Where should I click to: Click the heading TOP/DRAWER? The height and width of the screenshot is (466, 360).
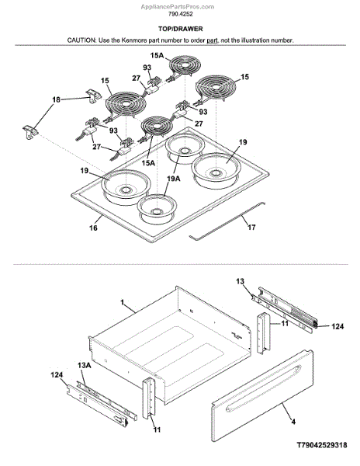pos(180,29)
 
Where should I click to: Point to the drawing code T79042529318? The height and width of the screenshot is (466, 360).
pos(322,445)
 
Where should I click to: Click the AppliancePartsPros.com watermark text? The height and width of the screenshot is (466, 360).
pos(177,6)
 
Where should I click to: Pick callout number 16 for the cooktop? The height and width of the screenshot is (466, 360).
pos(93,228)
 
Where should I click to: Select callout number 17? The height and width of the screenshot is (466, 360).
pos(251,227)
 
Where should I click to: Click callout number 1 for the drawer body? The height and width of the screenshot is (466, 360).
pos(122,302)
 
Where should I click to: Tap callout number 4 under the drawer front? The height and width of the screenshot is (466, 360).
pos(293,422)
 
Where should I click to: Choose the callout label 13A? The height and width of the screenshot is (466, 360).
pos(85,365)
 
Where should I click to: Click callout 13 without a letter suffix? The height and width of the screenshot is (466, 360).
pos(241,281)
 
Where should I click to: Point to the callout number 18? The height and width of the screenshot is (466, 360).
pos(56,99)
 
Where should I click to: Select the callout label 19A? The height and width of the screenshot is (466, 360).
pos(174,179)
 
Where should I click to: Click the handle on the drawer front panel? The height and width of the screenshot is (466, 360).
pos(264,388)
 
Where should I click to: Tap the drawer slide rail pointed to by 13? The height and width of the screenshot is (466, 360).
pos(283,311)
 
